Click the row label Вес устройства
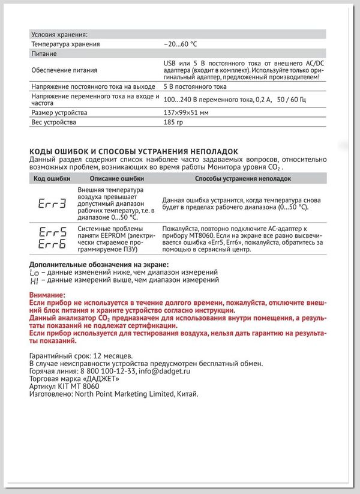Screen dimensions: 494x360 coord(53,123)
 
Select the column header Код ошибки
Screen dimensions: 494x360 coord(48,179)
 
